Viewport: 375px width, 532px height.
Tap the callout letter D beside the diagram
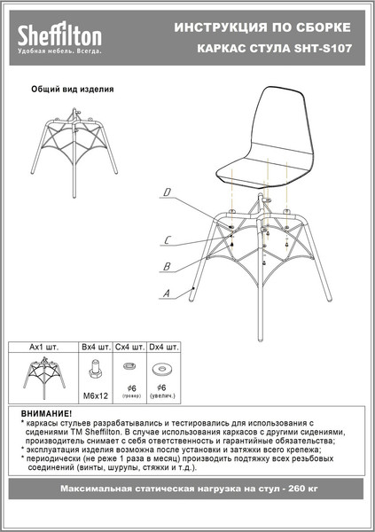click(x=167, y=191)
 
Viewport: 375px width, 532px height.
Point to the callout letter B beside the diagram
click(x=166, y=266)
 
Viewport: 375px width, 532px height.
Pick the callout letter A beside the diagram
click(x=166, y=293)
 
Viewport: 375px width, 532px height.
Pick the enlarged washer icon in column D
click(x=163, y=367)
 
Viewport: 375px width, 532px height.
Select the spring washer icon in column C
click(x=129, y=367)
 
